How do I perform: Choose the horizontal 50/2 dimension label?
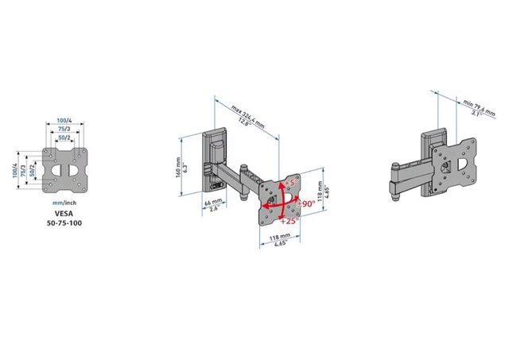pos(64,137)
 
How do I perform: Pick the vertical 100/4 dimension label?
pos(14,169)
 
